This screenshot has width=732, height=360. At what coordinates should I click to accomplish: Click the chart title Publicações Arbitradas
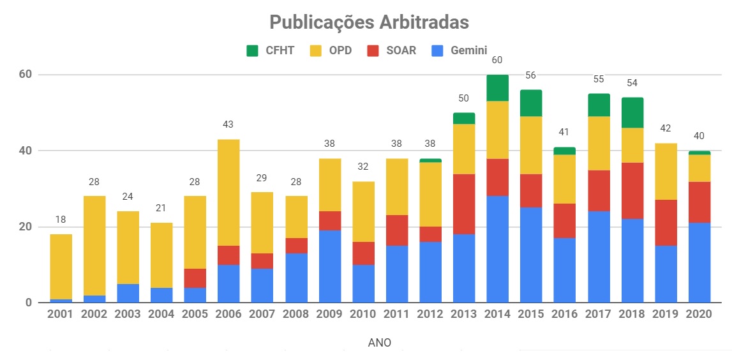tap(369, 22)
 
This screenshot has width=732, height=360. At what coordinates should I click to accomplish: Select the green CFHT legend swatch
tap(252, 50)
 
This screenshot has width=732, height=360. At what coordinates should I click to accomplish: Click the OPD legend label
tap(340, 50)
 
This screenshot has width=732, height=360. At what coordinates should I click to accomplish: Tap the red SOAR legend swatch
tap(373, 50)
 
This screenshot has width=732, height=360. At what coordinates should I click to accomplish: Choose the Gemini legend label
tap(468, 50)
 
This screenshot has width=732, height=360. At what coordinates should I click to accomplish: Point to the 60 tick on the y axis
tap(25, 75)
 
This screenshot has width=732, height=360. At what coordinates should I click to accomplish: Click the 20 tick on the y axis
tap(25, 227)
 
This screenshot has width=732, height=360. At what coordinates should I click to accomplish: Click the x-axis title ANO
tap(380, 343)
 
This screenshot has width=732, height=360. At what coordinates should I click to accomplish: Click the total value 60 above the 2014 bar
tap(497, 60)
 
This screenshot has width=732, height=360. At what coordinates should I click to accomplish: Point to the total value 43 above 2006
tap(228, 124)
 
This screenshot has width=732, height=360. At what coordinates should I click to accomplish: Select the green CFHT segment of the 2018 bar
tap(632, 113)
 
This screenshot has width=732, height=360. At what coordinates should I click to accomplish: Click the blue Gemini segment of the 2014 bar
tap(497, 249)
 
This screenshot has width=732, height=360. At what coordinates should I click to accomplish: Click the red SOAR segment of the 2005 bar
tap(194, 278)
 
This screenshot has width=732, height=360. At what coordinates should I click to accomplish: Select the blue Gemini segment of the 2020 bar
tap(699, 262)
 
